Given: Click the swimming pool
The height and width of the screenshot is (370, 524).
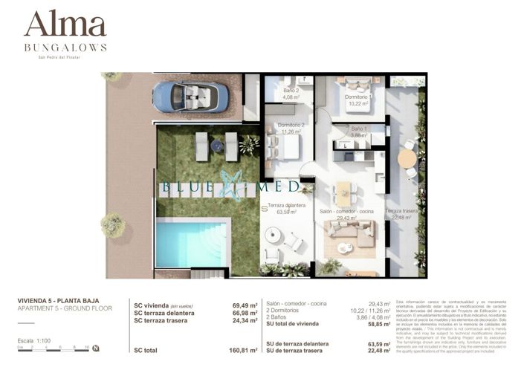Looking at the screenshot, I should [190, 244].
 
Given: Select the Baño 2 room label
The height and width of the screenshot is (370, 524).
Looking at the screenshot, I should [291, 94].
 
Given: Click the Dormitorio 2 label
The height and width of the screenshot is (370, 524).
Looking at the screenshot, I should [291, 129].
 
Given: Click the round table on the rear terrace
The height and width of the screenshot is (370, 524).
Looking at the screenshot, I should [407, 158].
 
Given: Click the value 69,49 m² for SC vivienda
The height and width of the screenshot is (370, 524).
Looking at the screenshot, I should [245, 305].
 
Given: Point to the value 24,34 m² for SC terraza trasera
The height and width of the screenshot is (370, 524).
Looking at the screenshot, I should [245, 320].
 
